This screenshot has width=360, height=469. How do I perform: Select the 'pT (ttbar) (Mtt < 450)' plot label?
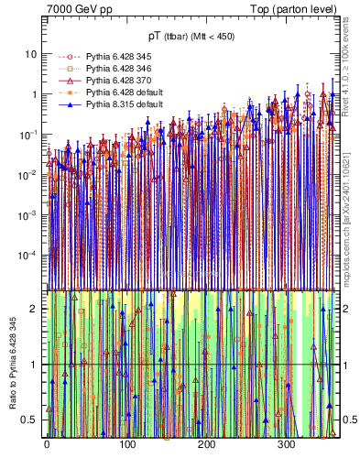click(191, 36)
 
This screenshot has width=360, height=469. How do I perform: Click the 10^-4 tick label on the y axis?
click(27, 255)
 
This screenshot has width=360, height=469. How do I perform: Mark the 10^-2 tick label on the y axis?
click(27, 174)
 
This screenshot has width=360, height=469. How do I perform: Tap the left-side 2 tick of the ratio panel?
click(35, 309)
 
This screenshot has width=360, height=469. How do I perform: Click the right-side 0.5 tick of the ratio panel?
click(347, 420)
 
